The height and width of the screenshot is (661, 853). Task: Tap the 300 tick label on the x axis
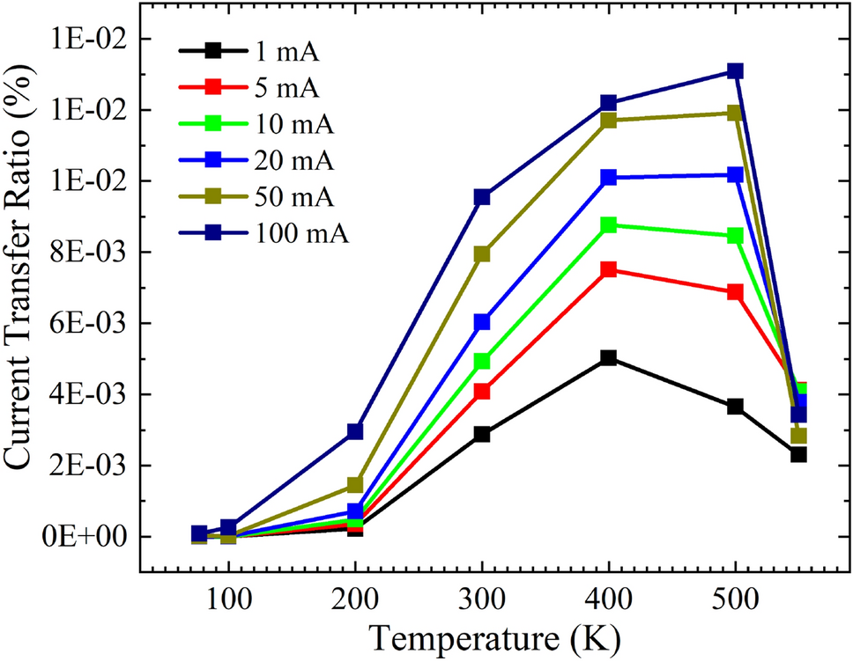point(481,601)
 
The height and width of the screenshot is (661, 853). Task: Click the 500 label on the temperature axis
point(734,601)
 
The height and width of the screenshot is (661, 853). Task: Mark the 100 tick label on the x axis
point(228,601)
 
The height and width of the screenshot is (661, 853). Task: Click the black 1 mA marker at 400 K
point(608,358)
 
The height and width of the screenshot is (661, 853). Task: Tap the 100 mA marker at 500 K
point(734,71)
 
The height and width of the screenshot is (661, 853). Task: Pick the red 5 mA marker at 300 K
point(481,391)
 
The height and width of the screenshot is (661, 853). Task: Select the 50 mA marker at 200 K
point(355,485)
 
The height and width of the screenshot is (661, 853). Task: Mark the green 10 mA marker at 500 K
point(734,236)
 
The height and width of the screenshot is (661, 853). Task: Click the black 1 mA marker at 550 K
point(798,454)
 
